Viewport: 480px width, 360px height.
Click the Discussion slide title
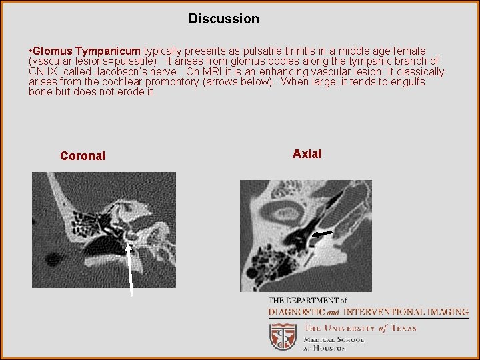pos(223,19)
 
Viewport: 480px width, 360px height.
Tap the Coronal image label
pos(83,156)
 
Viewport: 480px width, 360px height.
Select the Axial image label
pos(307,154)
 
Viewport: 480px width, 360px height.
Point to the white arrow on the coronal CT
pos(131,267)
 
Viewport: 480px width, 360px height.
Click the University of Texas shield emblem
pos(283,337)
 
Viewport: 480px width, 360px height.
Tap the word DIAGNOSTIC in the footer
pos(297,312)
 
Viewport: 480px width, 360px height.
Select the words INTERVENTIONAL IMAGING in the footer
pos(392,312)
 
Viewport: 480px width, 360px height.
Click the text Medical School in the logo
pos(334,339)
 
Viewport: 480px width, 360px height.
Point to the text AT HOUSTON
pos(325,348)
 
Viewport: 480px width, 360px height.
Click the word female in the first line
pos(410,51)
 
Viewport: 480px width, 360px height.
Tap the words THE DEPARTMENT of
pos(307,301)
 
